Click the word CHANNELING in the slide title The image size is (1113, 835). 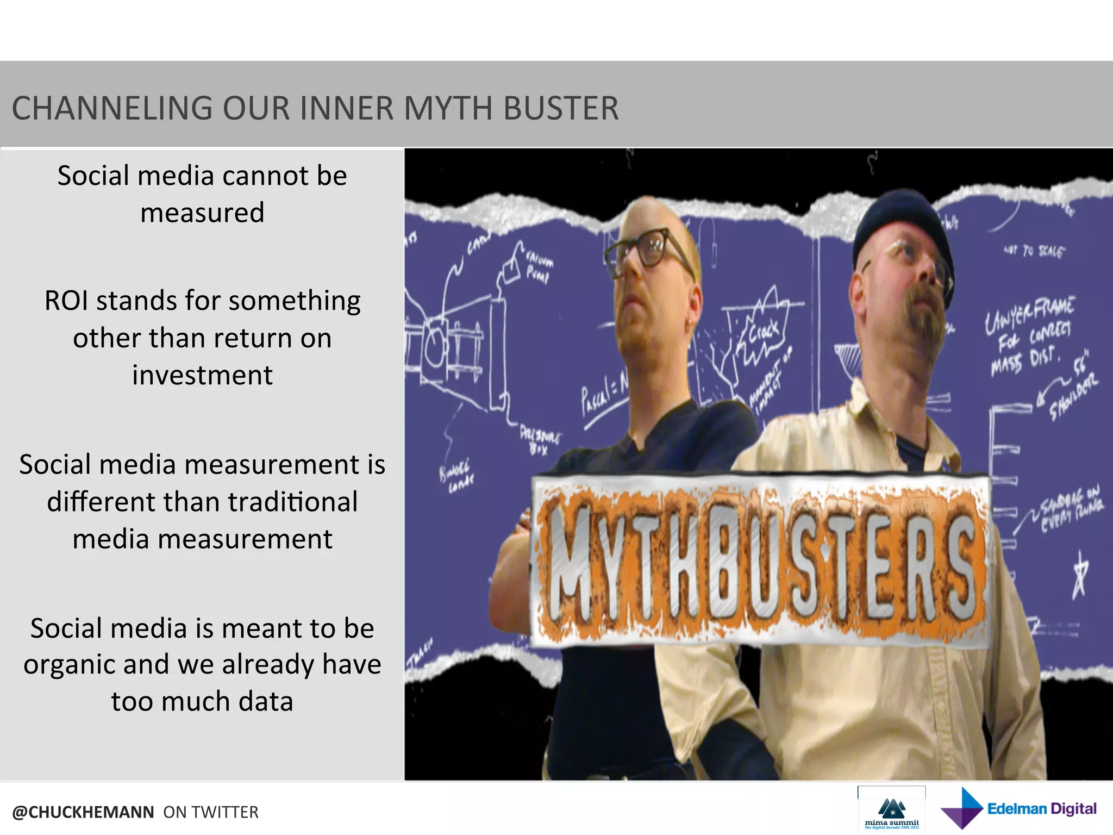[112, 108]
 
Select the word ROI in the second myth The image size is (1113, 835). [65, 301]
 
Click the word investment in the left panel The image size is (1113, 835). [202, 375]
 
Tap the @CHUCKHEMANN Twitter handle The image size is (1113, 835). [83, 812]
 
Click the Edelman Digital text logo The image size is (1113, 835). [1041, 809]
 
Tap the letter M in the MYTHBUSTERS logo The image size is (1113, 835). [568, 565]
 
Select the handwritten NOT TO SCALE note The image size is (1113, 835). [1034, 251]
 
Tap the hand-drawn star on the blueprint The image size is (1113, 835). [1079, 574]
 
